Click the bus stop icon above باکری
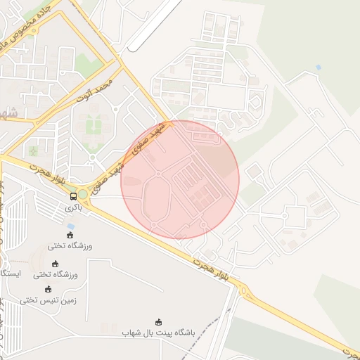tap(74, 196)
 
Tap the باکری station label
tap(74, 208)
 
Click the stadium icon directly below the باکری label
tap(69, 235)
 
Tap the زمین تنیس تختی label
tap(48, 300)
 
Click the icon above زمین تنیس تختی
tap(48, 289)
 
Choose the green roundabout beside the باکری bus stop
tap(83, 194)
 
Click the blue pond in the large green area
tap(319, 67)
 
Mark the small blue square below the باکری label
tap(70, 226)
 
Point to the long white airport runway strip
tap(156, 25)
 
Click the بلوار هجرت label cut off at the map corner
tap(349, 349)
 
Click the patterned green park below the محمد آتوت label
tap(94, 127)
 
